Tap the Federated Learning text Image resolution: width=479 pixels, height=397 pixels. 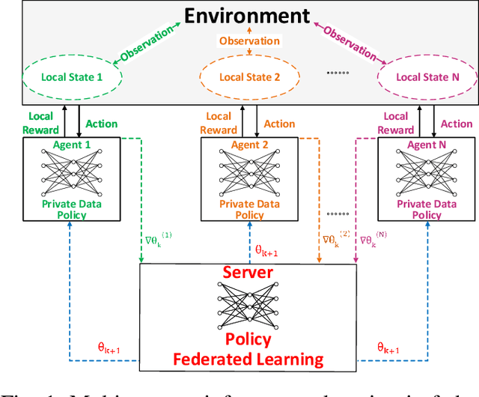pyautogui.click(x=248, y=359)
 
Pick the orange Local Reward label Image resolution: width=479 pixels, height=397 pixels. pyautogui.click(x=218, y=123)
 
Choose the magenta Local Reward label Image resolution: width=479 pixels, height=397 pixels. pyautogui.click(x=395, y=123)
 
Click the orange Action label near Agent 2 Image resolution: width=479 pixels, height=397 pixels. pyautogui.click(x=281, y=124)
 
